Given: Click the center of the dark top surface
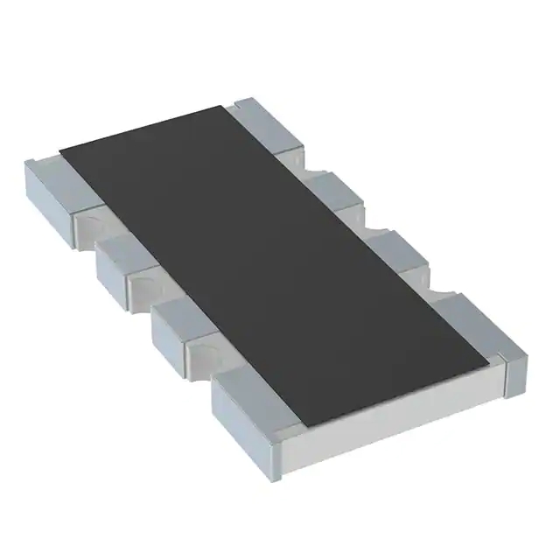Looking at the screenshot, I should click(271, 262).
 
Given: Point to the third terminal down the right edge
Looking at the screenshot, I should click(394, 248).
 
